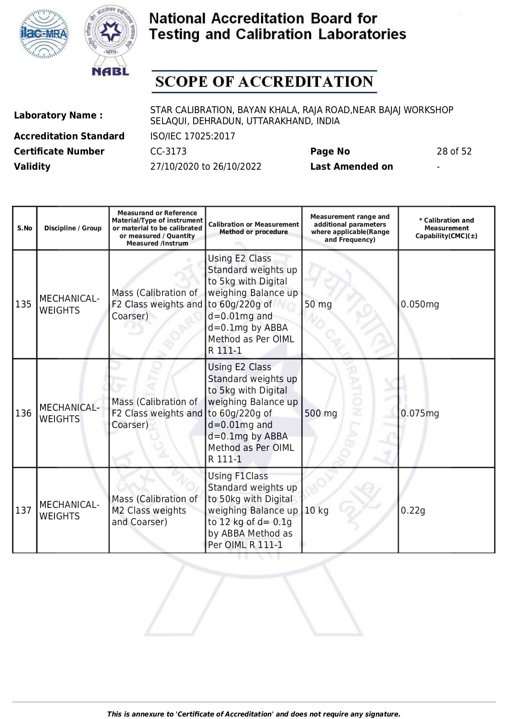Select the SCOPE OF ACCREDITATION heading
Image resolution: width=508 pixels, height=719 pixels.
(x=264, y=82)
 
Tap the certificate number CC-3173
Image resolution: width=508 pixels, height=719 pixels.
(x=168, y=152)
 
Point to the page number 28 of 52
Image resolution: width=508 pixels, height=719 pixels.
(x=454, y=152)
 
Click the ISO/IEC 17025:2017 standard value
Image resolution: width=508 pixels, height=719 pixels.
(x=192, y=137)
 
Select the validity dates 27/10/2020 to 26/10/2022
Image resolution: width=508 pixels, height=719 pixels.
(x=205, y=167)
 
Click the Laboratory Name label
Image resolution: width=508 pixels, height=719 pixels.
(x=58, y=116)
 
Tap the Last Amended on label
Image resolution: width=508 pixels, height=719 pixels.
(x=351, y=167)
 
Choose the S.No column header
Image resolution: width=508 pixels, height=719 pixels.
(x=25, y=228)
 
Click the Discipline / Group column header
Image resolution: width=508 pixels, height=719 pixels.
(x=73, y=228)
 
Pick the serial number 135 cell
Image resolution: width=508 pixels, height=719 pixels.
(x=23, y=305)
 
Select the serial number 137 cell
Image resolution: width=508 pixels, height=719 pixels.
(x=23, y=511)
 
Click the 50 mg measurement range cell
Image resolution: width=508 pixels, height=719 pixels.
(x=318, y=305)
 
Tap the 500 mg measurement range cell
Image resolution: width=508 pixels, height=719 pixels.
(x=321, y=414)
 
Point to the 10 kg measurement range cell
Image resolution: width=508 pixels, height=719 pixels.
(x=316, y=511)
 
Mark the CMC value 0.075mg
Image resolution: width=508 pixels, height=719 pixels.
(x=420, y=414)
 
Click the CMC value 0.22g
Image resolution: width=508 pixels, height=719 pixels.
(x=413, y=511)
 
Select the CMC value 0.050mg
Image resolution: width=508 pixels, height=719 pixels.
(x=420, y=305)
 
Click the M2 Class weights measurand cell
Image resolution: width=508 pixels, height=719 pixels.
(x=154, y=511)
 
